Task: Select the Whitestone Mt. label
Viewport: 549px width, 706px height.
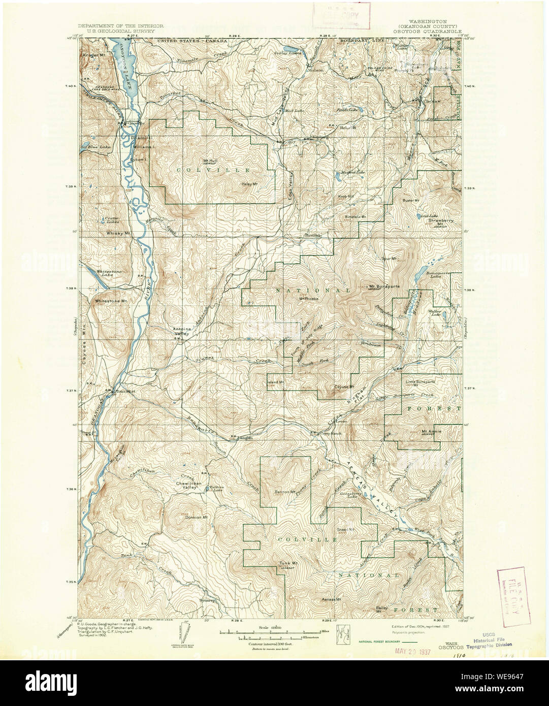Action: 110,301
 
